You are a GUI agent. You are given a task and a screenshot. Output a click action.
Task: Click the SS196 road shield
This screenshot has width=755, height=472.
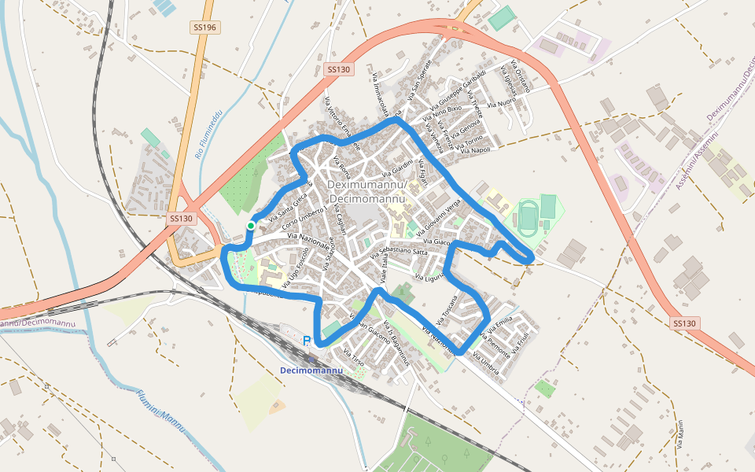click(x=204, y=28)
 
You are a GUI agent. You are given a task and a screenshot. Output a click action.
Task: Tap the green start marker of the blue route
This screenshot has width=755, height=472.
click(x=250, y=226)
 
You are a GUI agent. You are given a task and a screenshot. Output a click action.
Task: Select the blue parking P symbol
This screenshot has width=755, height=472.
click(x=307, y=341)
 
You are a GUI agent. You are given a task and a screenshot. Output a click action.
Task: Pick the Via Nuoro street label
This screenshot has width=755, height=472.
click(x=501, y=103)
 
